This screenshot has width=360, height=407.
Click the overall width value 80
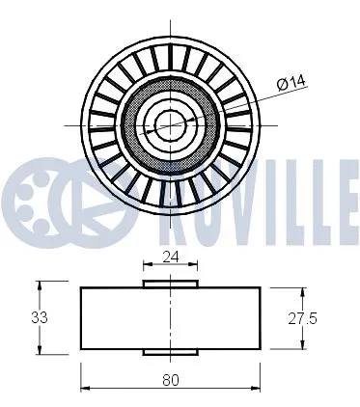[171, 379]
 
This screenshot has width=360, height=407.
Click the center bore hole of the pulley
[171, 123]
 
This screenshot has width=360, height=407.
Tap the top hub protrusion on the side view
[171, 283]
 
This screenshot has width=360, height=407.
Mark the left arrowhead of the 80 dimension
[84, 390]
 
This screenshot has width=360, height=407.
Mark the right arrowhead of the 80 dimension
[258, 390]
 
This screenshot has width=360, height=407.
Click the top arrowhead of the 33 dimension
[41, 285]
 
